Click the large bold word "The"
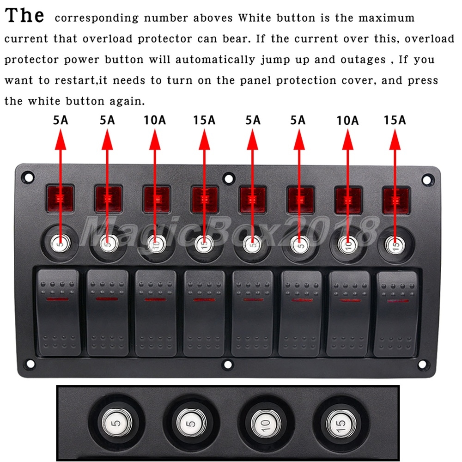tap(24, 15)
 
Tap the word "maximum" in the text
tap(386, 18)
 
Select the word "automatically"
tap(215, 60)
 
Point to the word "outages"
tap(363, 60)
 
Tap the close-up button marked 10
tap(266, 424)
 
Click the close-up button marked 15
tap(341, 424)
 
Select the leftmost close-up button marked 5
tap(117, 423)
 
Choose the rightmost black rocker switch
tap(396, 314)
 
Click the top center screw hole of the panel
tap(229, 178)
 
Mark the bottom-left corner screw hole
tap(30, 364)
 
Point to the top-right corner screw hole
tap(427, 179)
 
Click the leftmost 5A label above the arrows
tap(61, 120)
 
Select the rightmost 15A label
tap(395, 120)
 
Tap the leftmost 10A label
tap(155, 120)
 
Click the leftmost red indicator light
tap(60, 198)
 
